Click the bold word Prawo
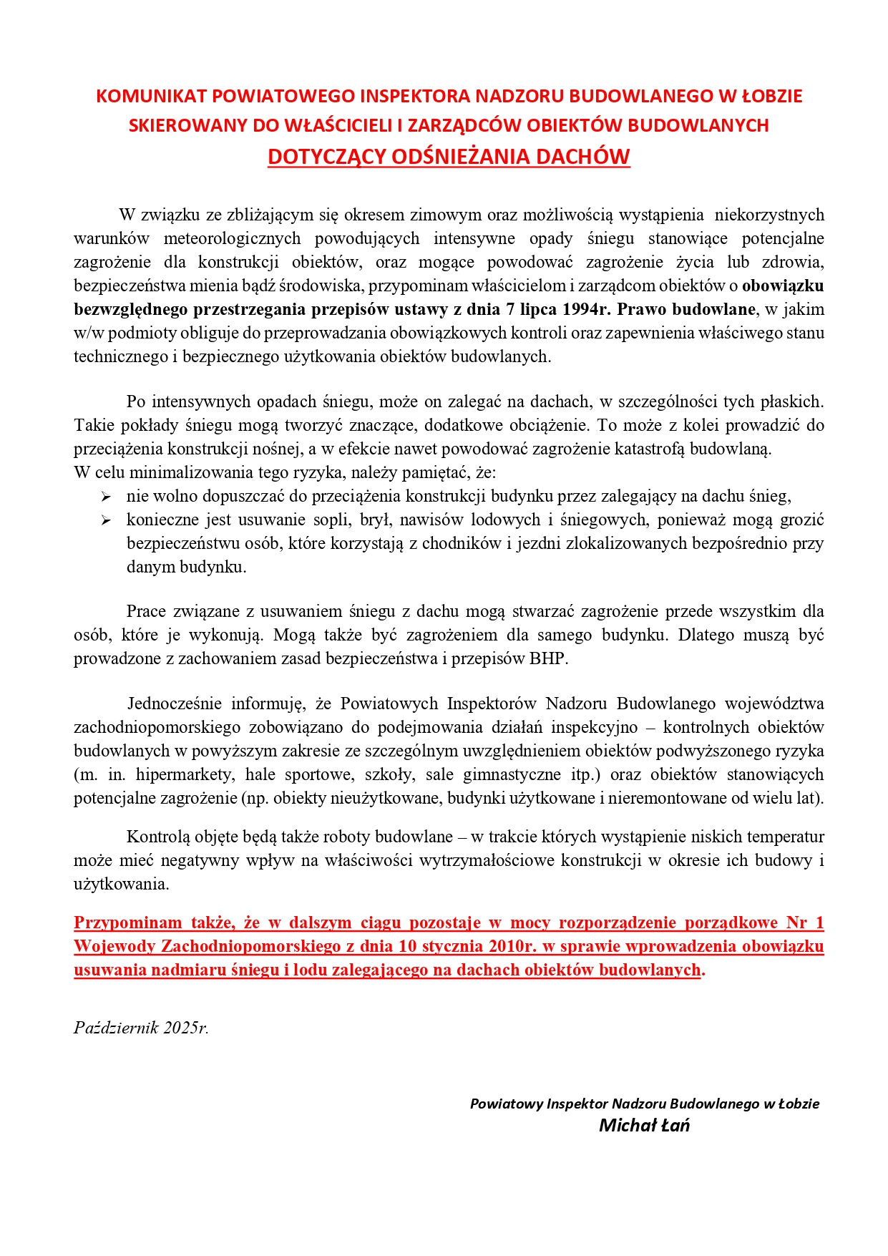pos(642,309)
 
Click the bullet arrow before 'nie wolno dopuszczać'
pos(106,497)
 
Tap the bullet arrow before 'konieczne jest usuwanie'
pos(106,520)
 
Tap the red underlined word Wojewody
pos(114,946)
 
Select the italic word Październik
pos(116,1028)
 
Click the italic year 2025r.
pos(186,1028)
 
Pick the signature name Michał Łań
pos(644,1126)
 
